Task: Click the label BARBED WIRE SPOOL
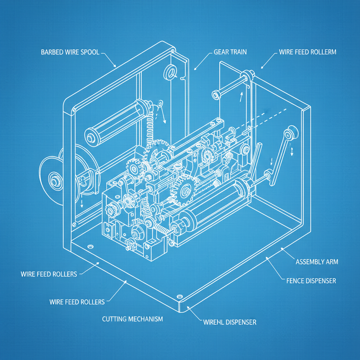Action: tap(70, 53)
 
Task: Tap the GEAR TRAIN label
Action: tap(230, 52)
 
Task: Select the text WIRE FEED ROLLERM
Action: tap(307, 52)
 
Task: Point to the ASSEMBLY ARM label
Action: tap(317, 262)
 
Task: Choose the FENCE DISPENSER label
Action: tap(311, 281)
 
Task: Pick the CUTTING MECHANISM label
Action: tap(132, 319)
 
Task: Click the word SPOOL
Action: tap(91, 53)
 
